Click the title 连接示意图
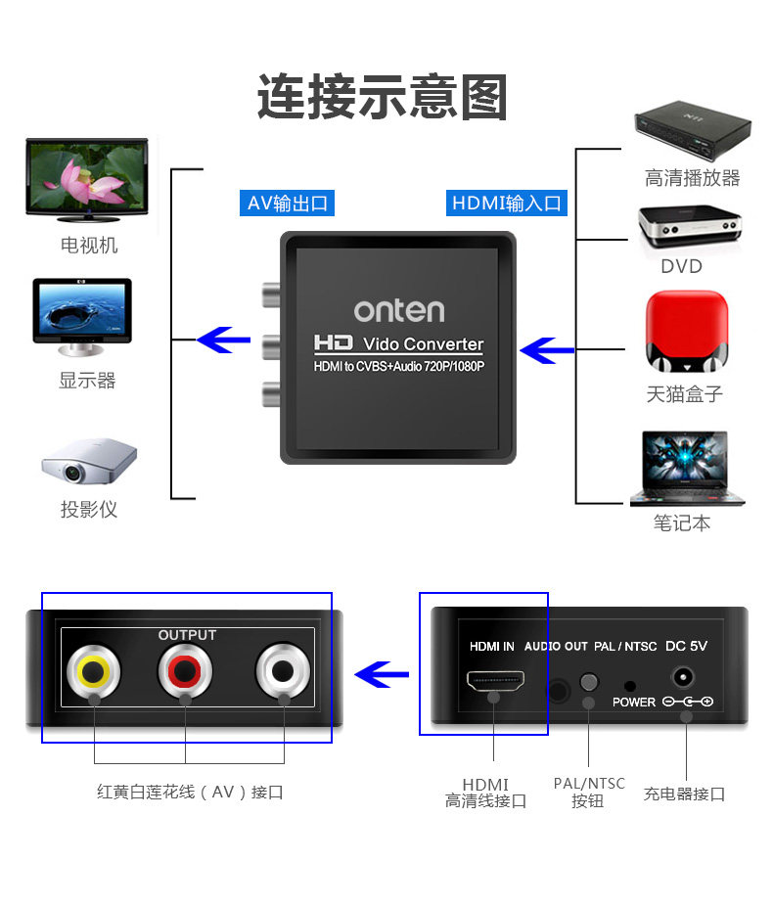[383, 98]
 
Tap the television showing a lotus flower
[86, 179]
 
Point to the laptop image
[685, 468]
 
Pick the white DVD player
[687, 228]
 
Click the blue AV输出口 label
[288, 204]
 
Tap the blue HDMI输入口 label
[507, 204]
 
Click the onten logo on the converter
[398, 310]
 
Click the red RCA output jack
[185, 671]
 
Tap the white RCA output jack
[283, 671]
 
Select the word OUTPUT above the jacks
[187, 635]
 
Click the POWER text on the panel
[634, 703]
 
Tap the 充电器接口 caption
[684, 794]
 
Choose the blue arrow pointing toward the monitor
[225, 340]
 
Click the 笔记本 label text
[682, 523]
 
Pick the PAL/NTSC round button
[588, 682]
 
